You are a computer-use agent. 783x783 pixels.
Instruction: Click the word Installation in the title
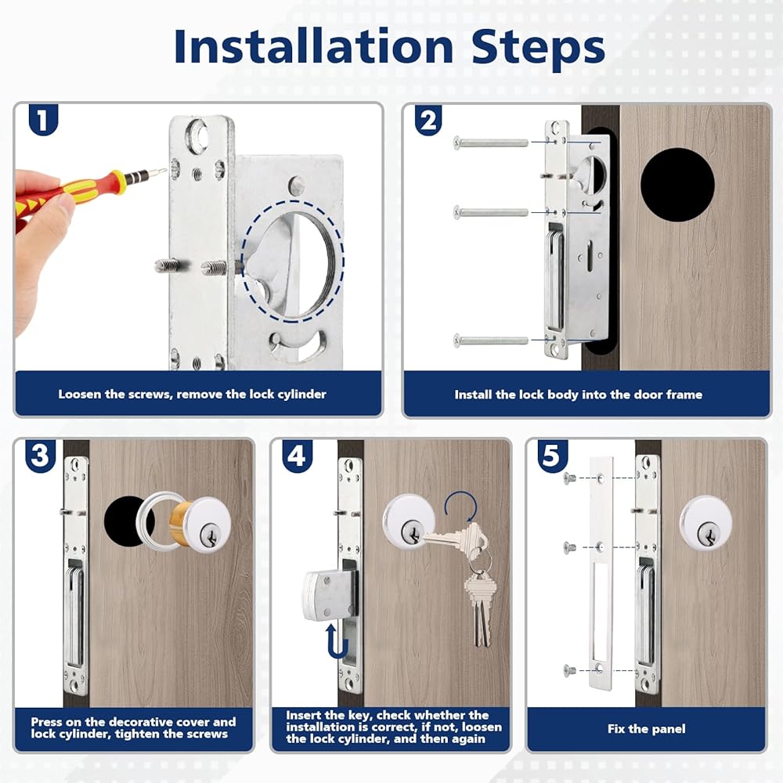(x=313, y=46)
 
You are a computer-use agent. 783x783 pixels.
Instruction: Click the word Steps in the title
(x=539, y=48)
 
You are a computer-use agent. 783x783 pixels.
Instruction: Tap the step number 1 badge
(x=43, y=120)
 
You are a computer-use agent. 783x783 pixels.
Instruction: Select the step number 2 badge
(x=428, y=121)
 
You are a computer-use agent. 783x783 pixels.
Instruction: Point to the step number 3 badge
(x=40, y=456)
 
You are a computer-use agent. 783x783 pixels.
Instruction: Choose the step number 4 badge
(x=297, y=456)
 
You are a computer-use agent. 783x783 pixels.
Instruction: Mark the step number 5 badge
(x=552, y=456)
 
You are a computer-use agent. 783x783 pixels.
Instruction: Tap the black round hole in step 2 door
(x=677, y=185)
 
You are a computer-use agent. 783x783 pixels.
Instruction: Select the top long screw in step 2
(x=491, y=143)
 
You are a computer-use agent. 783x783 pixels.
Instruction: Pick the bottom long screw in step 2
(x=491, y=341)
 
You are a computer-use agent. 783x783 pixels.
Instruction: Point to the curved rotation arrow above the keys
(x=460, y=504)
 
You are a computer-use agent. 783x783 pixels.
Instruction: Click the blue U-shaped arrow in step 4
(x=337, y=640)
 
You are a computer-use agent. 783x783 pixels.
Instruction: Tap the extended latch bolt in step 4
(x=330, y=596)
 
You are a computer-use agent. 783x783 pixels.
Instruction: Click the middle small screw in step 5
(x=569, y=548)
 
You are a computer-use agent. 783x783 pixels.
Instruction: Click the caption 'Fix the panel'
(x=647, y=729)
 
